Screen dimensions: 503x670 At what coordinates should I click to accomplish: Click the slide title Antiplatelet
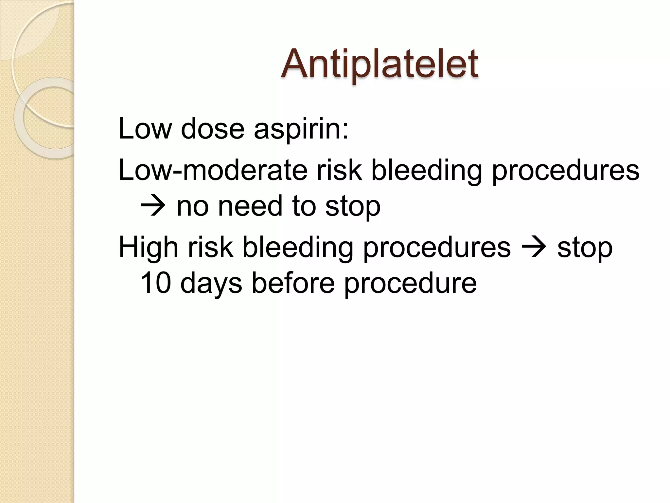point(379,64)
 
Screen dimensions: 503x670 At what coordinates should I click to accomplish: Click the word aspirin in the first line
point(301,129)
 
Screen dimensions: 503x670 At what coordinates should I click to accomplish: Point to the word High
point(149,247)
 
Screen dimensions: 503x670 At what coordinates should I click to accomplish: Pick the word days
point(211,284)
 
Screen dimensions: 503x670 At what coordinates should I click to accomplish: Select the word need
point(250,206)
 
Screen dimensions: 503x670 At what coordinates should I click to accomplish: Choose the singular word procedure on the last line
point(410,284)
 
